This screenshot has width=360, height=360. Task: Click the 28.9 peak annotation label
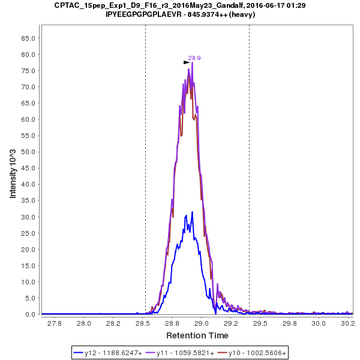[194, 58]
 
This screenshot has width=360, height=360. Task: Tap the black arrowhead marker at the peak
[187, 62]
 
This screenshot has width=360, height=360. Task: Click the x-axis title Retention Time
[197, 335]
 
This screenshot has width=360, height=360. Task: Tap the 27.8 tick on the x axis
[55, 324]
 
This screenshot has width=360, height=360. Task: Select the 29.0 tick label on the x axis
[202, 324]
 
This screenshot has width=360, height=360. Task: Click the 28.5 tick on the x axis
[143, 324]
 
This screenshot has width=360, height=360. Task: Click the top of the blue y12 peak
[192, 212]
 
